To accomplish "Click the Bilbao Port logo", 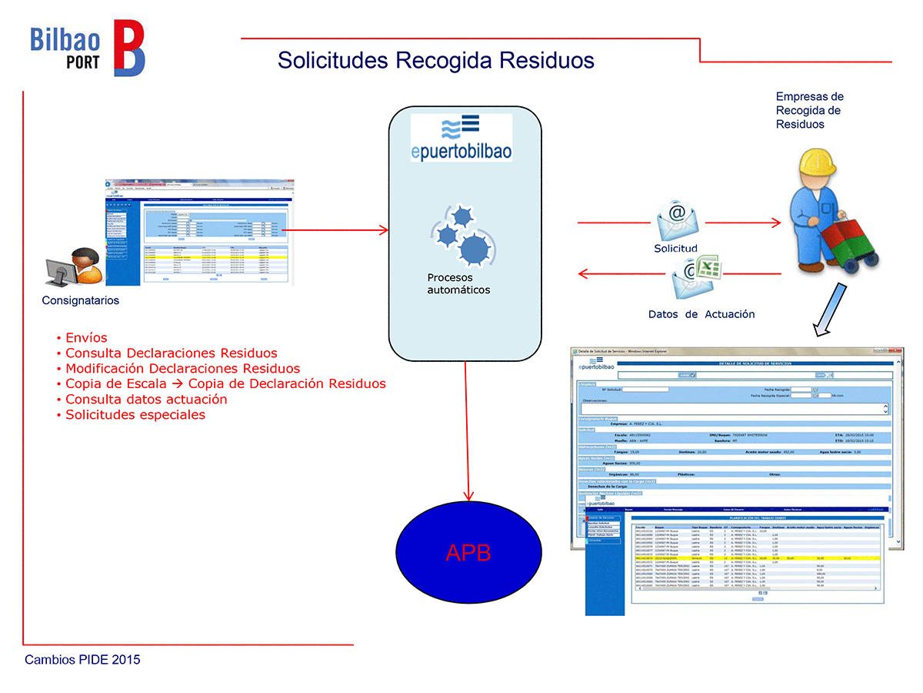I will coord(87,49).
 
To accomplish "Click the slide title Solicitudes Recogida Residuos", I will coord(436,60).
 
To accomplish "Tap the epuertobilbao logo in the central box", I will coord(461,137).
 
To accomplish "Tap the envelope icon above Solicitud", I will coord(677,221).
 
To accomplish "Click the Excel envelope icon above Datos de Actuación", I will coord(695,277).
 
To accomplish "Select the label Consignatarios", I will coord(81,300).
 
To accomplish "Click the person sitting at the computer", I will coord(75,269).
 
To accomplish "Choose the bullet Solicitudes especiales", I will coord(135,414).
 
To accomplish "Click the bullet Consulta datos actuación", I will coord(146,399).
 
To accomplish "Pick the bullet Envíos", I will coord(86,337).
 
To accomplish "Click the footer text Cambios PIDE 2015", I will coord(82,660).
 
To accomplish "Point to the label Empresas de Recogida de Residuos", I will coord(809,110).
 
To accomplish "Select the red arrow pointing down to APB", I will coord(466,431).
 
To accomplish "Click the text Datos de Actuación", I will coord(701,314).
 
